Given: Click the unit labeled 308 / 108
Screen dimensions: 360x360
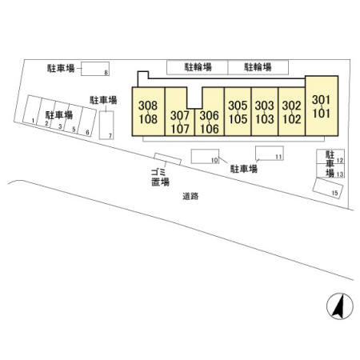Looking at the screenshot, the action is click(148, 112).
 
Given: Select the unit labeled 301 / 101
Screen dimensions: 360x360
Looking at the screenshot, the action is click(322, 106).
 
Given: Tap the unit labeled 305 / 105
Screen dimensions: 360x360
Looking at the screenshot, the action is click(238, 112).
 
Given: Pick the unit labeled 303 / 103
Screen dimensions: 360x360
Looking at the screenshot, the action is click(265, 112).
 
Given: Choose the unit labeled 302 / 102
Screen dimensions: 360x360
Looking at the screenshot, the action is click(292, 112).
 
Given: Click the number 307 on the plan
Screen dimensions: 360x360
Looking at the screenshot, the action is click(180, 115).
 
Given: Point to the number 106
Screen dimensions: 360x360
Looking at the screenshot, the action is click(210, 129).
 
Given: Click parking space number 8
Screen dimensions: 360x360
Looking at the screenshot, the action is click(95, 69).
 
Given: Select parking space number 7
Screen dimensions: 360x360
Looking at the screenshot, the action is click(106, 125).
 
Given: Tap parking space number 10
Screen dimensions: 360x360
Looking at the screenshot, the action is click(205, 156).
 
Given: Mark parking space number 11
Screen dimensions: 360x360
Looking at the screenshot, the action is click(270, 153).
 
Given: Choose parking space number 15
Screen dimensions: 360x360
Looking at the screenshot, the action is click(328, 189).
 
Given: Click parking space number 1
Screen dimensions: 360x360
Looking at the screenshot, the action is click(32, 110).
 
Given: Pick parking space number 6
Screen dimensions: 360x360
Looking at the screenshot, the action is click(87, 122).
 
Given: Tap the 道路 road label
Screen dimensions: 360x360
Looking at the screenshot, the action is click(190, 196).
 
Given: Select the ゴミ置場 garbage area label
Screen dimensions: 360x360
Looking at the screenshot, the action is click(160, 178).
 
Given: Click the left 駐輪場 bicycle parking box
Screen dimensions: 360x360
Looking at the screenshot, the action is click(198, 67).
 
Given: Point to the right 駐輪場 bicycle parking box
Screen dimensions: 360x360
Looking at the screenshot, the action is click(258, 67).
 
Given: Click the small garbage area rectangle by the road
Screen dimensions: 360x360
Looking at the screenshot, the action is click(168, 159).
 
